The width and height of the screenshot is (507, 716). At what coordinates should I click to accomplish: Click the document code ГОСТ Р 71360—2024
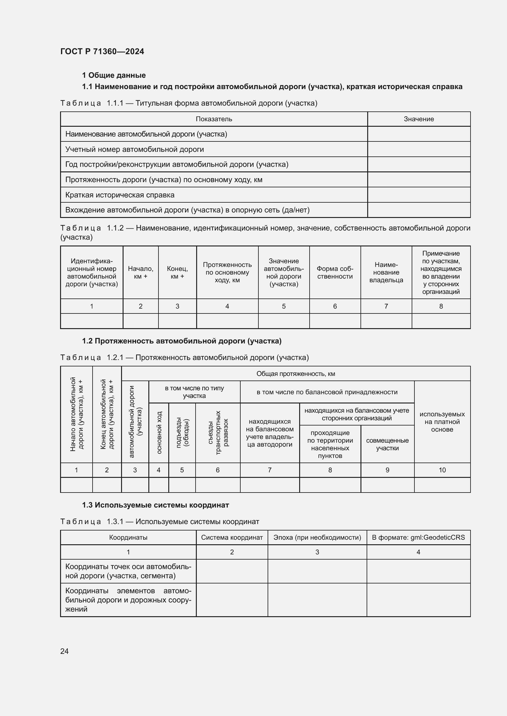(x=102, y=51)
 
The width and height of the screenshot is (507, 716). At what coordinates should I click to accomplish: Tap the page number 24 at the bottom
(x=64, y=651)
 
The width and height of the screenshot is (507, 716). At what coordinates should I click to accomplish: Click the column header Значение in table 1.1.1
(x=419, y=119)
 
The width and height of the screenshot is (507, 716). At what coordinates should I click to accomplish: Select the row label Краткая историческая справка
(x=120, y=195)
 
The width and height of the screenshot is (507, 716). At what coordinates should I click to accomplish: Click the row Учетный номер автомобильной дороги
(x=135, y=149)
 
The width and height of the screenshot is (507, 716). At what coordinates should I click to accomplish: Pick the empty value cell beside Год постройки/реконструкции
(x=419, y=164)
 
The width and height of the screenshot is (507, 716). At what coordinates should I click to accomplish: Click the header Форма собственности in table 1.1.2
(x=335, y=272)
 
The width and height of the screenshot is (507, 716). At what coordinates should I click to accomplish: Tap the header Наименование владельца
(x=386, y=272)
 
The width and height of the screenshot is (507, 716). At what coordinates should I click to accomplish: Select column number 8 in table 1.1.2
(x=441, y=306)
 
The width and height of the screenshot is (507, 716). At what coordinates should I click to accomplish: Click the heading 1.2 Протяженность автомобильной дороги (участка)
(x=182, y=341)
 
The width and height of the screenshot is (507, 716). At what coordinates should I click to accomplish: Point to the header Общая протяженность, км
(x=295, y=373)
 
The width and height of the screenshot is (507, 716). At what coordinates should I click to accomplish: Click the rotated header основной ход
(x=158, y=433)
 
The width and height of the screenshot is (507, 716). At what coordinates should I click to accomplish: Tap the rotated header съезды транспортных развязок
(x=218, y=433)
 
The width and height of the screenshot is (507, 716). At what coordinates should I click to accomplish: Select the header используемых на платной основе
(x=442, y=422)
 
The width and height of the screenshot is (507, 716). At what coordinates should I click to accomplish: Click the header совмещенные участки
(x=387, y=444)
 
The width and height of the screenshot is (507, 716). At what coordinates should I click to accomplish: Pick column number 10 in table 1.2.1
(x=442, y=470)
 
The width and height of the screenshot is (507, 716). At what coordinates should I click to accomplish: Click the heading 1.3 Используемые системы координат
(x=155, y=505)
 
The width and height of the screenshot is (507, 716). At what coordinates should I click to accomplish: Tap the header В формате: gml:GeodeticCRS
(x=418, y=537)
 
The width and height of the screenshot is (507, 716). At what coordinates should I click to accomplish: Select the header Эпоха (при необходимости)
(x=317, y=537)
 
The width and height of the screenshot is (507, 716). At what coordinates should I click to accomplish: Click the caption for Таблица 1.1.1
(x=189, y=103)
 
